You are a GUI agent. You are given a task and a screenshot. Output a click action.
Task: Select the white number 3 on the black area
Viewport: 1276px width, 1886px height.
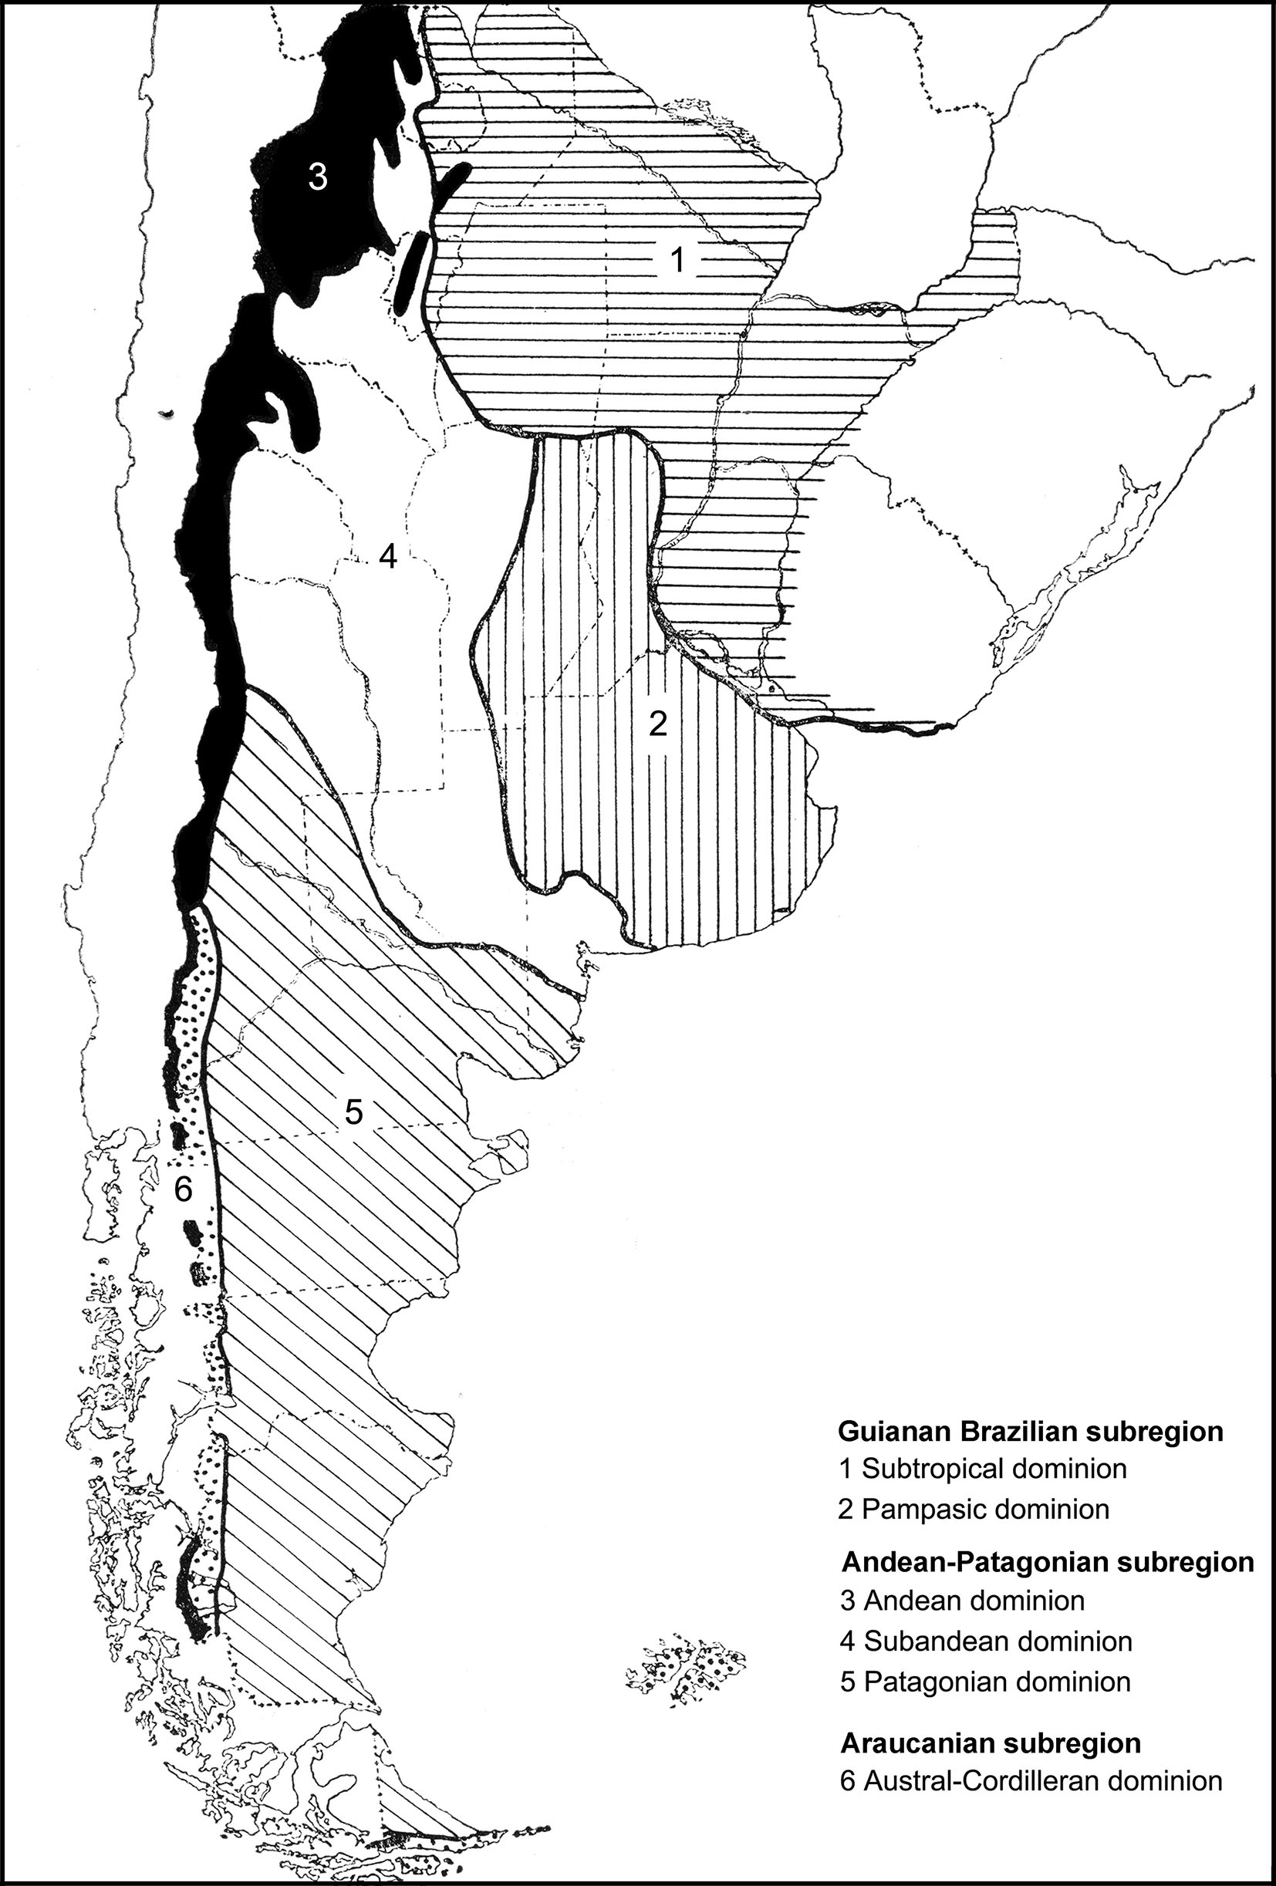317,176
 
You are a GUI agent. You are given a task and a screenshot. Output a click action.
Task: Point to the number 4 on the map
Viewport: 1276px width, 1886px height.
388,557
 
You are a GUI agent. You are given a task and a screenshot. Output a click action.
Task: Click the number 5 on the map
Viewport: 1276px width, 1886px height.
354,1112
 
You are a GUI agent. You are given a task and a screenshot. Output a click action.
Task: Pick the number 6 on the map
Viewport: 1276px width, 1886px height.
184,1190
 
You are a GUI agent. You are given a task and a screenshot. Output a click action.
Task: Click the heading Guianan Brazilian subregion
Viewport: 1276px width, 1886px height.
1031,1431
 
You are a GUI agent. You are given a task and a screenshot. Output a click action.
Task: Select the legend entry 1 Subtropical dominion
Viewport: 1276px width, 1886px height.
983,1468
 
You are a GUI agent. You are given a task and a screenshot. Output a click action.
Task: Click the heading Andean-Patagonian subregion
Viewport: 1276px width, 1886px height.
1048,1561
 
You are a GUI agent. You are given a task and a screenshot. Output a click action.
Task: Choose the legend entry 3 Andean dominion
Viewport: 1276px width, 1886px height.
963,1601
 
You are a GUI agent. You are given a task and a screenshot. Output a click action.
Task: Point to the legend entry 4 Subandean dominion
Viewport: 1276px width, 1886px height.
986,1641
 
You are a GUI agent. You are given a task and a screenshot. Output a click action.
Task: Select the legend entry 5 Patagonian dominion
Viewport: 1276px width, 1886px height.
985,1682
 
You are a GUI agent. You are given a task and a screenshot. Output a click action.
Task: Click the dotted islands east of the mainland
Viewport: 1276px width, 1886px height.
687,1670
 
